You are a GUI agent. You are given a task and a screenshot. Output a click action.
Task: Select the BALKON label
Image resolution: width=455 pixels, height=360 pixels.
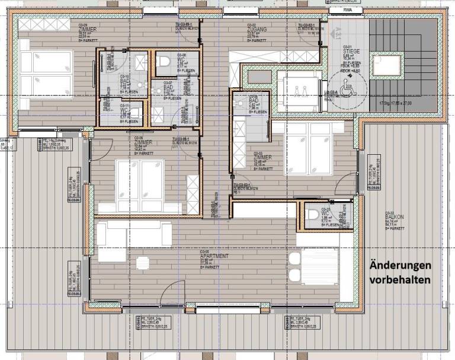tap(389, 218)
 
